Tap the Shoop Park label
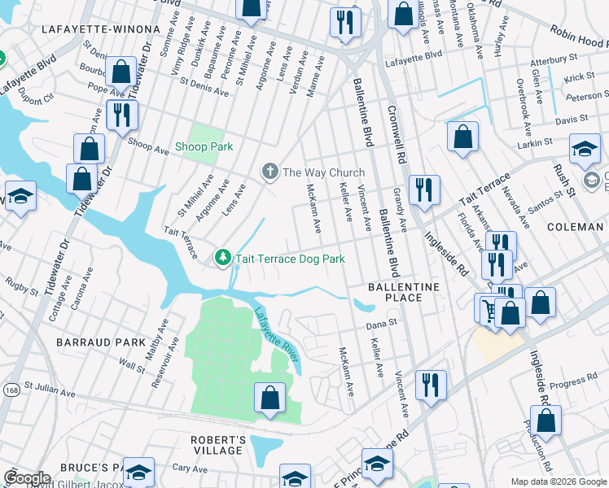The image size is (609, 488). (204, 147)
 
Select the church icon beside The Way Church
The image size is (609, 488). (269, 172)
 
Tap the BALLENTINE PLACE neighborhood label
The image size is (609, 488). (403, 292)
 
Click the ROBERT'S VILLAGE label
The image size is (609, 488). (217, 445)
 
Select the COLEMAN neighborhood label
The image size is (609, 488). (575, 227)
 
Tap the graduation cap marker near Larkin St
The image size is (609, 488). (585, 149)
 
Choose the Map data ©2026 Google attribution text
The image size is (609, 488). (557, 481)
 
